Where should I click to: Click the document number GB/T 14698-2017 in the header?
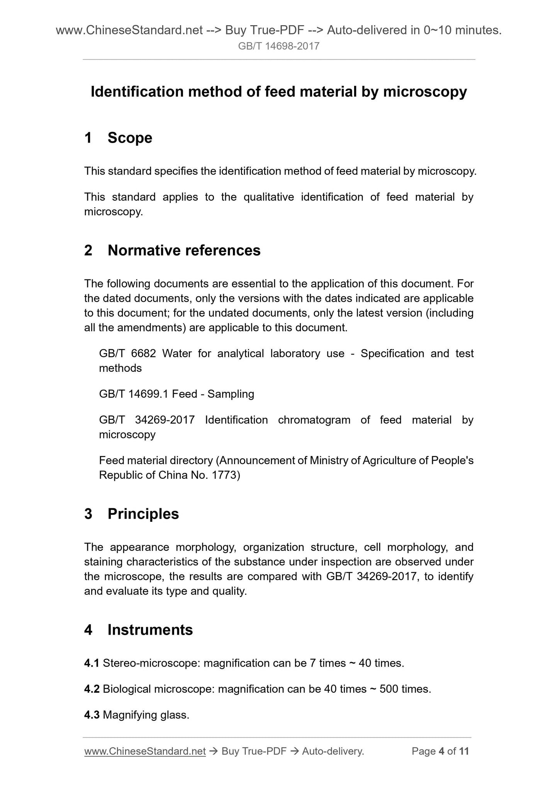click(278, 46)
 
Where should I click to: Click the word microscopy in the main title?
click(425, 92)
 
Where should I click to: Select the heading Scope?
click(130, 138)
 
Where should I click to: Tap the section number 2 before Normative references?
click(88, 251)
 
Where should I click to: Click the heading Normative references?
click(184, 251)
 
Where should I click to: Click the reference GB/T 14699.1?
click(134, 394)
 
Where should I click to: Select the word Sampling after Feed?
click(231, 394)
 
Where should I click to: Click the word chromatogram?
click(314, 420)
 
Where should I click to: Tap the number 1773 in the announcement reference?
click(224, 475)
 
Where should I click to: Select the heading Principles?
click(143, 514)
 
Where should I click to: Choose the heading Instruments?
click(150, 630)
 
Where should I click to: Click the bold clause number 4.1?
click(92, 664)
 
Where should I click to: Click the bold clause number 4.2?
click(92, 689)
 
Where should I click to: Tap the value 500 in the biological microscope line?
click(389, 689)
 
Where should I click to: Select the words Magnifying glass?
click(146, 715)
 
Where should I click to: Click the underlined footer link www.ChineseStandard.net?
click(145, 751)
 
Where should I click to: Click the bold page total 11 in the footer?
click(464, 751)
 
